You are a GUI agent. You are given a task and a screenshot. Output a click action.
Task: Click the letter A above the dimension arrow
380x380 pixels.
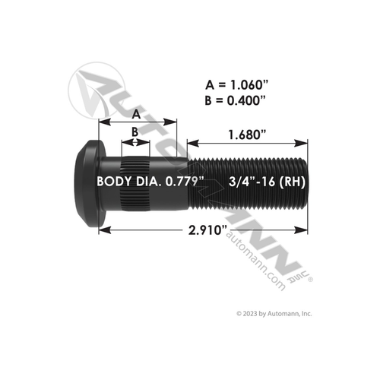(x=135, y=114)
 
